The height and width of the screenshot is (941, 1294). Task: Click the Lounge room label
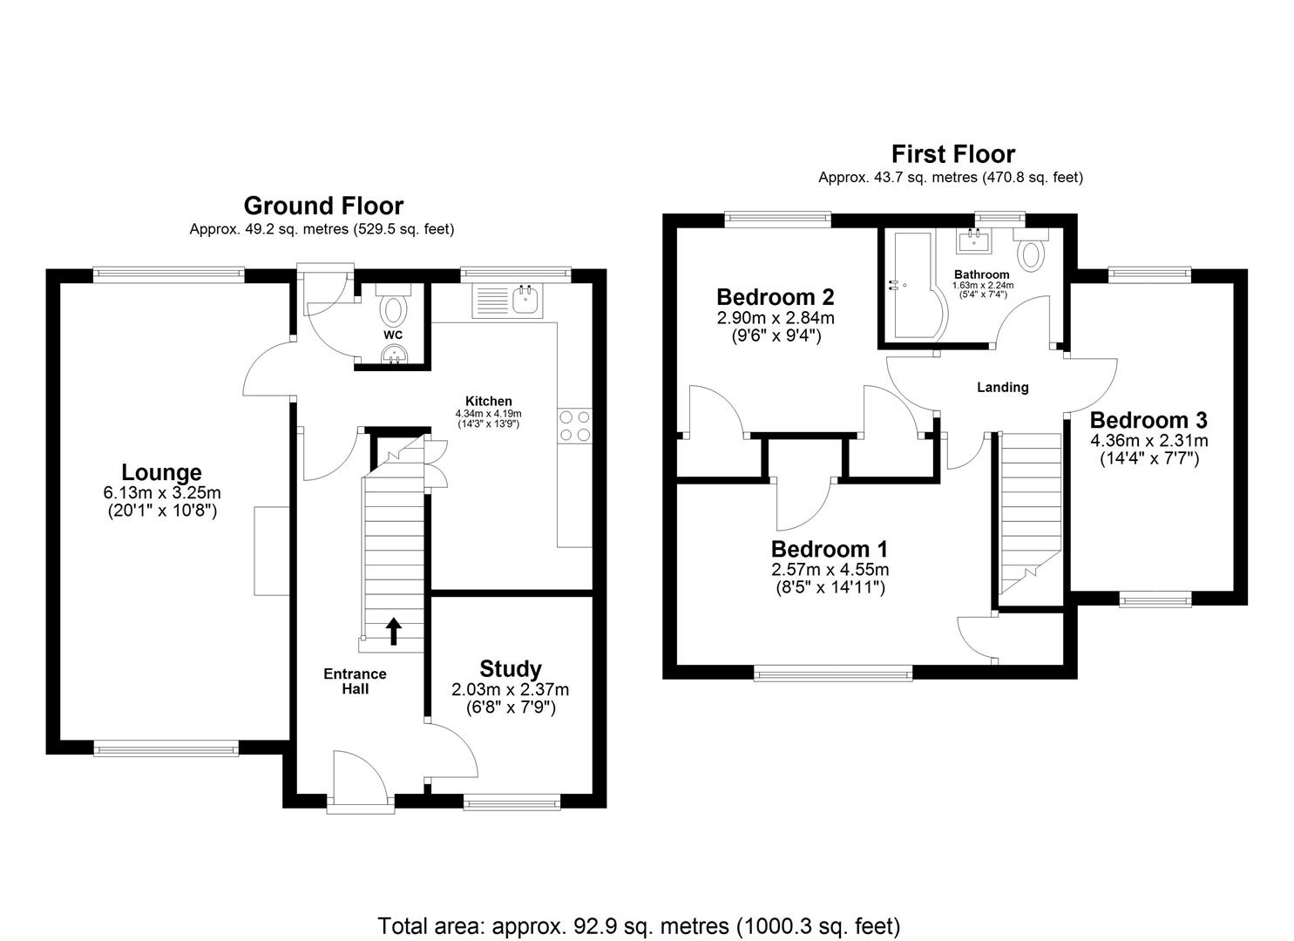click(x=161, y=472)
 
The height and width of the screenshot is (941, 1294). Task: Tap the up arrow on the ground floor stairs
click(x=393, y=631)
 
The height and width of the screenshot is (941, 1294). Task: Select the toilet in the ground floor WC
click(x=394, y=309)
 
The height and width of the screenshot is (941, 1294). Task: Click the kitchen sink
click(x=526, y=299)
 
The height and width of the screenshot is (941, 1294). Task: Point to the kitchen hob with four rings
click(x=574, y=425)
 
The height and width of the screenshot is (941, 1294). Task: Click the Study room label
click(x=510, y=669)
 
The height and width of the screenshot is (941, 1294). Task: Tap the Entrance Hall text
click(x=355, y=681)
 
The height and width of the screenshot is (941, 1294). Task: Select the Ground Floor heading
click(x=323, y=206)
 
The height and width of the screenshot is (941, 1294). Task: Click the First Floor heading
click(x=952, y=154)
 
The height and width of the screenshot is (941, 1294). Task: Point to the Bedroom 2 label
click(x=776, y=297)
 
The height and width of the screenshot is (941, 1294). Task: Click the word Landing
click(x=1002, y=387)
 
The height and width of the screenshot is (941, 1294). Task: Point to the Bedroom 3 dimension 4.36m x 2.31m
click(x=1148, y=441)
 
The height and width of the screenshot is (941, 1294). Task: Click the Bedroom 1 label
click(x=829, y=550)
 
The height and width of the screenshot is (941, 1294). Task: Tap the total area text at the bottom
click(x=638, y=925)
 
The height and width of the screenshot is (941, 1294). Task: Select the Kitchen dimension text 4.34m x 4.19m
click(x=488, y=413)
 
